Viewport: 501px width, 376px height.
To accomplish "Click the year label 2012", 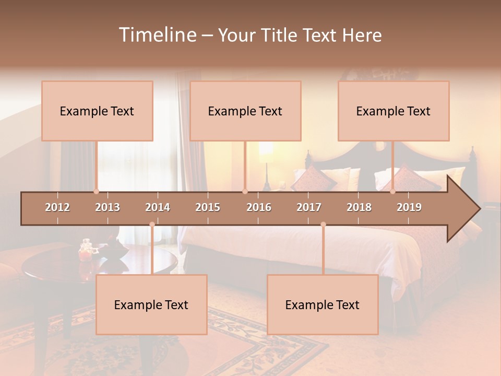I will point(57,207).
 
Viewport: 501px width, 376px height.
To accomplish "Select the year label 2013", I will point(108,207).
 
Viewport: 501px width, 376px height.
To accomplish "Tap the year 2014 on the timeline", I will point(158,207).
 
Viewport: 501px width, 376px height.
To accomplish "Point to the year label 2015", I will point(208,207).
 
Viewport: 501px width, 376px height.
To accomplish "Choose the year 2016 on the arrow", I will point(259,207).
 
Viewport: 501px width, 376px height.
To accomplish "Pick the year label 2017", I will point(309,207).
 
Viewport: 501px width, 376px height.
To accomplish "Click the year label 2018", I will point(359,207).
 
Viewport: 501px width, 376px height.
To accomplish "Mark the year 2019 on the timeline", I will point(409,207).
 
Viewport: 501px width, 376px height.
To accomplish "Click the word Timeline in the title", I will point(157,35).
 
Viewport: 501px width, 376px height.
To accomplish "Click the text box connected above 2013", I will point(97,111).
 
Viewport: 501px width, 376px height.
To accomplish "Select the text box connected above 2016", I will point(245,111).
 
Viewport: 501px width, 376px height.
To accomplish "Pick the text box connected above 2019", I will point(393,111).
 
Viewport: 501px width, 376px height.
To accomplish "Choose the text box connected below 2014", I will point(151,304).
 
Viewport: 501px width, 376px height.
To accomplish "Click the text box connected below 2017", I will point(323,304).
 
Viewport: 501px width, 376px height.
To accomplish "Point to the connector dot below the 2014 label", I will point(152,225).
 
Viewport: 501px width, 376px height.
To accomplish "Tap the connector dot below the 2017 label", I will point(323,225).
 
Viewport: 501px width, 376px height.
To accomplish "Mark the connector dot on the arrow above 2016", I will point(245,192).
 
